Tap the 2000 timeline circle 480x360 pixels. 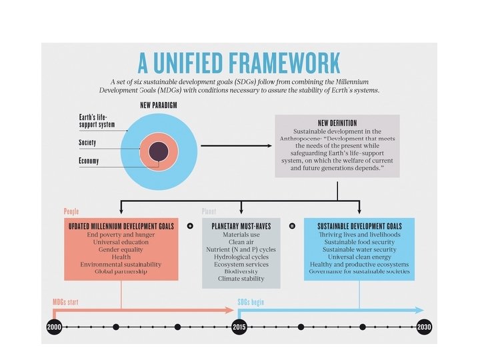tap(55, 327)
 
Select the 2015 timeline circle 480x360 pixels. tap(239, 327)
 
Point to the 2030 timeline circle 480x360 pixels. tap(424, 327)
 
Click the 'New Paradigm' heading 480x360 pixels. tap(158, 105)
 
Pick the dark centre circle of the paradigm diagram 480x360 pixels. tap(158, 151)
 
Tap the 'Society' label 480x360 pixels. tap(87, 143)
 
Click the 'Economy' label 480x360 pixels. tap(89, 161)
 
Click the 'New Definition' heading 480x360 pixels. tap(337, 123)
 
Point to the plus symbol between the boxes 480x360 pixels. tap(190, 226)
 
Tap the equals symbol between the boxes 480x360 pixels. tap(292, 226)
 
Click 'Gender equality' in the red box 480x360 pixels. tap(121, 249)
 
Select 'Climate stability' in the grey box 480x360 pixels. tap(241, 279)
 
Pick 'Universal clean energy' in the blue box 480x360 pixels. tap(359, 257)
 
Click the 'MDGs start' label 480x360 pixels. tap(65, 302)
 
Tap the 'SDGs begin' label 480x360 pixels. tap(251, 302)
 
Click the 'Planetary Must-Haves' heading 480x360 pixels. tap(241, 227)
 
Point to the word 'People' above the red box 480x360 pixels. tap(71, 211)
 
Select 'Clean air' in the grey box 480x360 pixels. tap(241, 242)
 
